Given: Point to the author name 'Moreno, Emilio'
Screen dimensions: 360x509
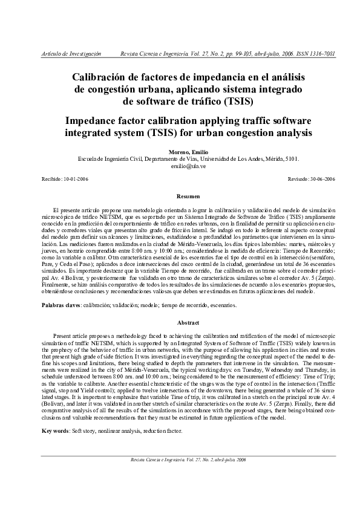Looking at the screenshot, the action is tap(188, 152).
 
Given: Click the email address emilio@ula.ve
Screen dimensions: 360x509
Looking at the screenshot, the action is tap(188, 165).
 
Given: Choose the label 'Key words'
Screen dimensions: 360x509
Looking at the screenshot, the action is tap(56, 432).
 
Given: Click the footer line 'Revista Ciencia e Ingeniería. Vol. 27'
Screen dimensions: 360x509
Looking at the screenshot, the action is tap(188, 477).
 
